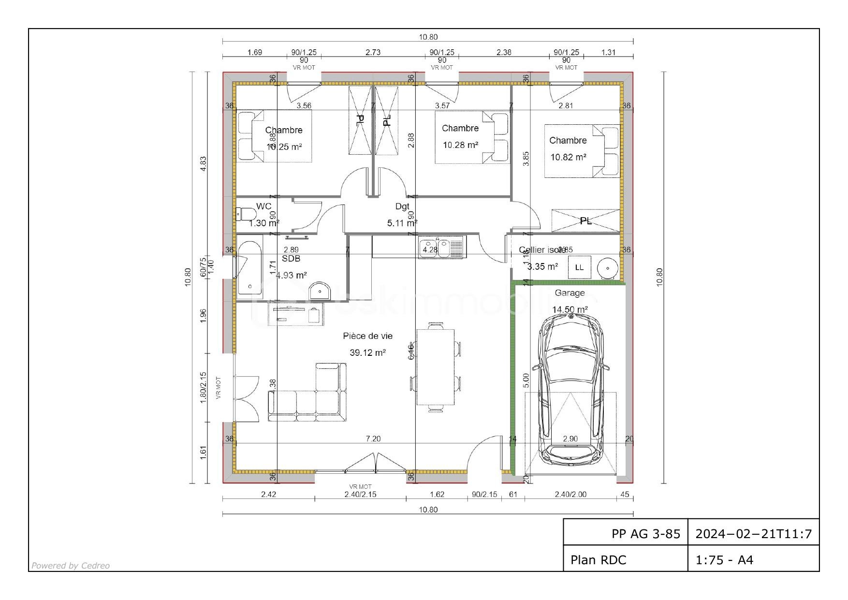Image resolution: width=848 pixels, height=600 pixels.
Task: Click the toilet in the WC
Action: (246, 214)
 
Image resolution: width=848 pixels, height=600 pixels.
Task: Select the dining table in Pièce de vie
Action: (436, 367)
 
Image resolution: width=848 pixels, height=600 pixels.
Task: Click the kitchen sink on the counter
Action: (441, 248)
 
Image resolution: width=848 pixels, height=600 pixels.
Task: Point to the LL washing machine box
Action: (579, 267)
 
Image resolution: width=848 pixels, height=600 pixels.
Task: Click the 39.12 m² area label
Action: (367, 353)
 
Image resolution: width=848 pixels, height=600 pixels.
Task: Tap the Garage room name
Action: (570, 293)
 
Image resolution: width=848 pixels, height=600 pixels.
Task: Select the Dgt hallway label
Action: (402, 206)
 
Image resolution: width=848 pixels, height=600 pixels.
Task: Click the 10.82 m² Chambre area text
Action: (568, 157)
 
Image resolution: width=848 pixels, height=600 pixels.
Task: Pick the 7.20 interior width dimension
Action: (373, 439)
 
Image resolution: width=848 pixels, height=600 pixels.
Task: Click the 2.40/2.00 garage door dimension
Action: (570, 495)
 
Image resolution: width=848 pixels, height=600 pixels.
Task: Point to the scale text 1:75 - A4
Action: (724, 560)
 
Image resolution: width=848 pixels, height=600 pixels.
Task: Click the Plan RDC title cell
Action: (599, 560)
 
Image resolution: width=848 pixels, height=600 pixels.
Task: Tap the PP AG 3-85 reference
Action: (646, 534)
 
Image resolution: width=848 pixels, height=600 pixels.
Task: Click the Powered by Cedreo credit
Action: (71, 566)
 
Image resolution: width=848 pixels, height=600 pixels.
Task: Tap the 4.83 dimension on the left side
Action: (204, 163)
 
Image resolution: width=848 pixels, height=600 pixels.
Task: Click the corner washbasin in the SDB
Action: (320, 291)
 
